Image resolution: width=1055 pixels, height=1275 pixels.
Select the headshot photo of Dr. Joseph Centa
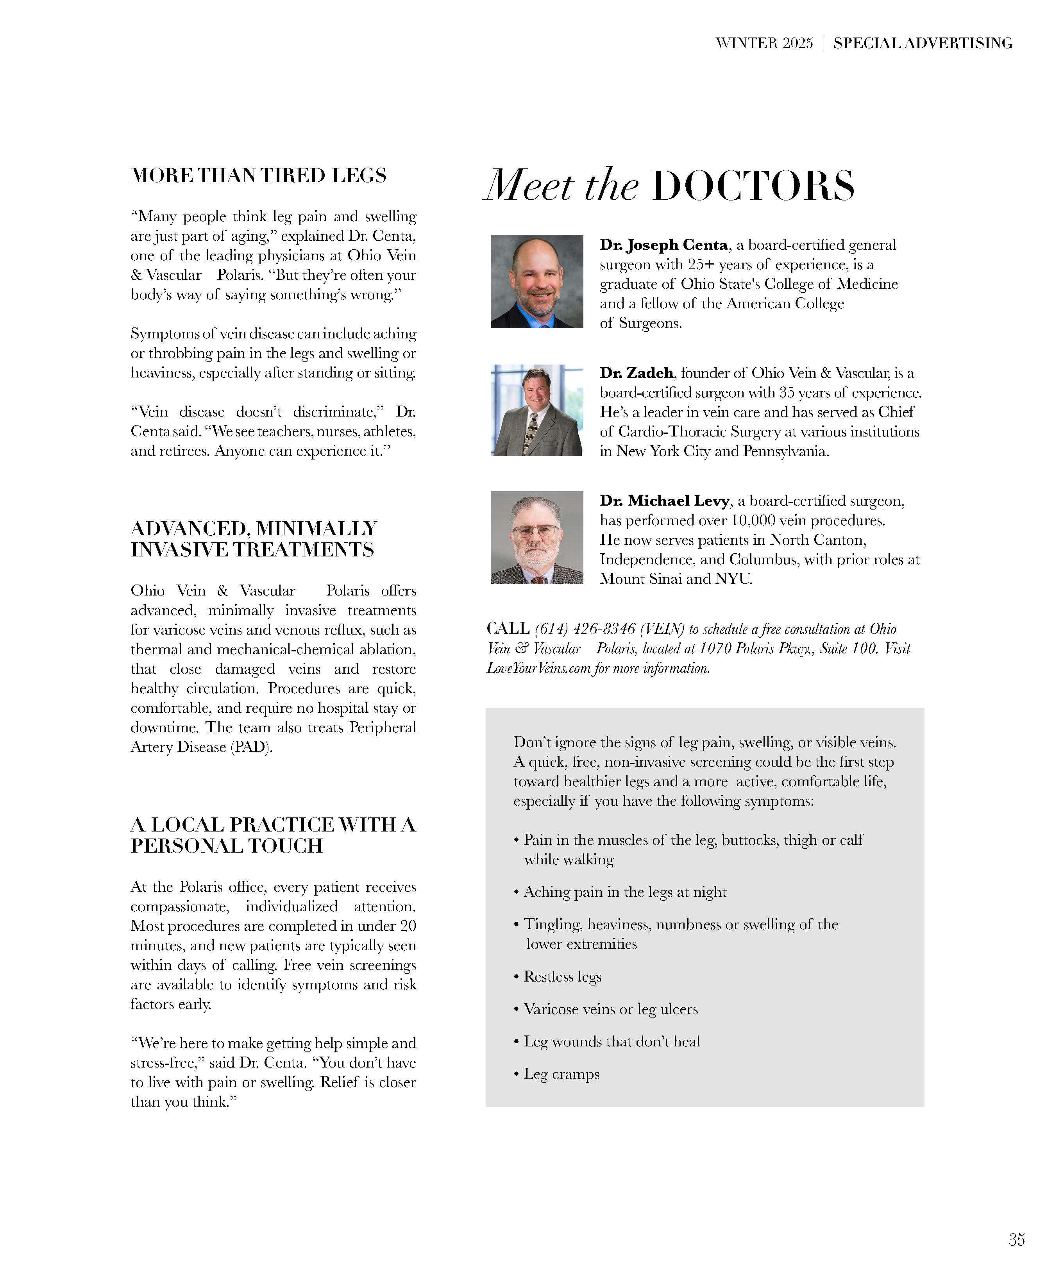coord(536,282)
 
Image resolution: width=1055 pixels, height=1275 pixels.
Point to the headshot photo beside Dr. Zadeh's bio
coord(536,410)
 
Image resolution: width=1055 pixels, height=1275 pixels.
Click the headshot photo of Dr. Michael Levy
coord(536,538)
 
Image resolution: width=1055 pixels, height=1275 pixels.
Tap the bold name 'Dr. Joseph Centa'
coord(663,245)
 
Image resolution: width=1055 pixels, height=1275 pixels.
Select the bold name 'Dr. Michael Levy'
coord(664,501)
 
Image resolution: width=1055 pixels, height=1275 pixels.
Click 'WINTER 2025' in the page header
coord(764,43)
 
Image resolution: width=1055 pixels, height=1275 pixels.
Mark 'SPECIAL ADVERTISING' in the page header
coord(923,43)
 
